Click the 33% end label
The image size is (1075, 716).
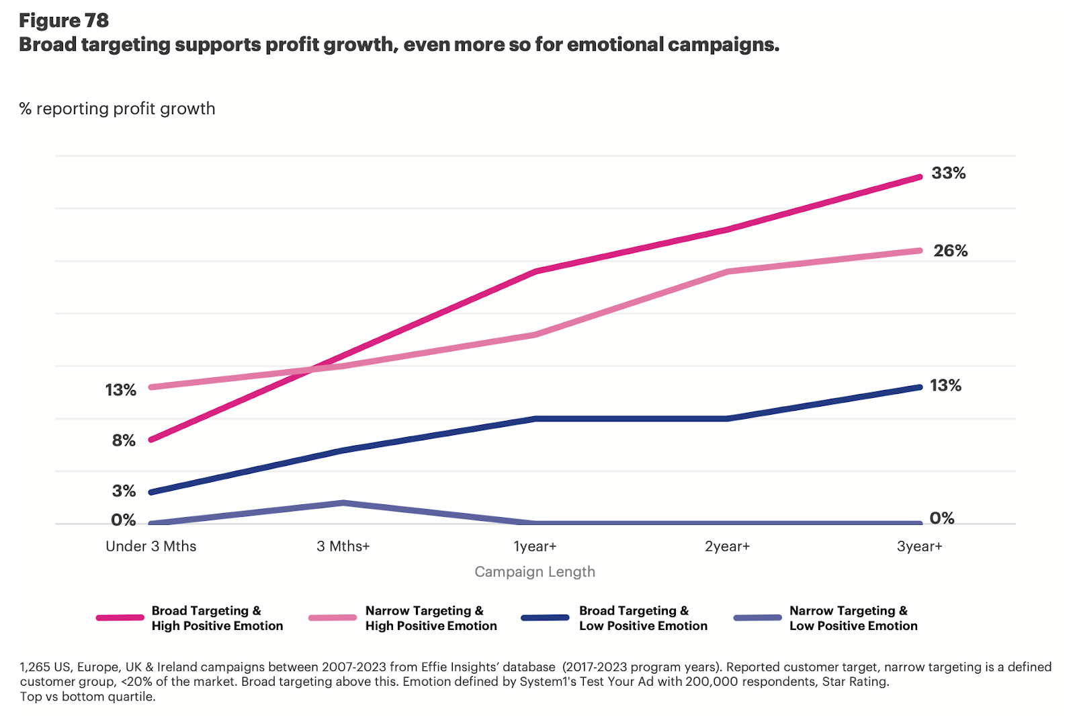(948, 173)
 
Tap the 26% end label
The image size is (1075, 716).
(950, 251)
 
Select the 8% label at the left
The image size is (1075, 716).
(124, 440)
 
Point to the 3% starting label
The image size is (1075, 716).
(124, 491)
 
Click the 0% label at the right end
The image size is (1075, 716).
(942, 518)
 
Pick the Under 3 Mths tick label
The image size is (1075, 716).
(151, 546)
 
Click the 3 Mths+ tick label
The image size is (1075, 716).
(343, 546)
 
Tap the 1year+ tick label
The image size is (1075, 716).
(535, 546)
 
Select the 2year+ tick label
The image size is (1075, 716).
(727, 546)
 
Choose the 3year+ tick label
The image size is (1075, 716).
(919, 546)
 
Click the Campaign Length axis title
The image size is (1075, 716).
(535, 571)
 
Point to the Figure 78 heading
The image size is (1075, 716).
(64, 21)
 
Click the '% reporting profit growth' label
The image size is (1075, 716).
(118, 109)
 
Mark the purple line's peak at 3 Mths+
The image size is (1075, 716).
(343, 502)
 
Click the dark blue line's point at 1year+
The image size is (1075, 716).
(535, 418)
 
